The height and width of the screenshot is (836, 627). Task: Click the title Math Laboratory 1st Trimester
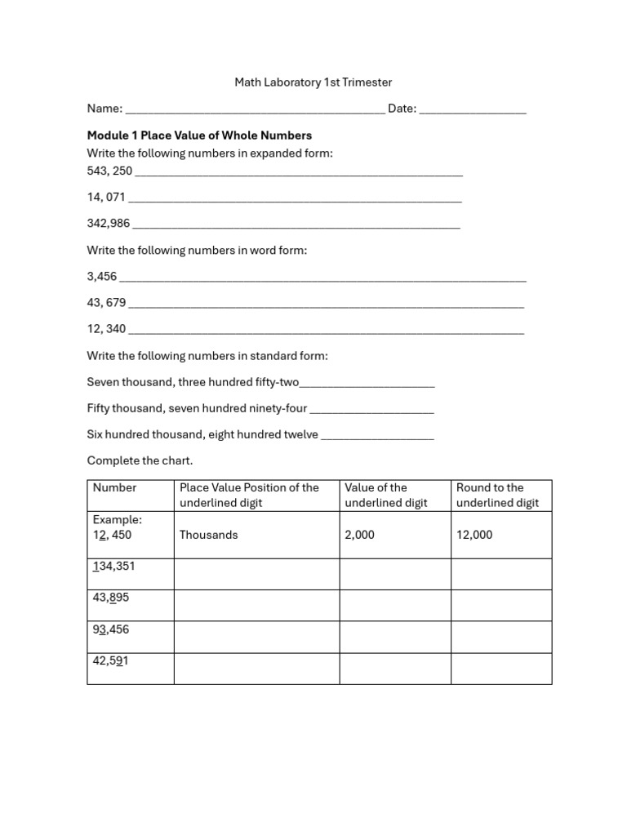[313, 82]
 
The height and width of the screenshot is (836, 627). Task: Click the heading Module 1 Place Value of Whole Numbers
[199, 136]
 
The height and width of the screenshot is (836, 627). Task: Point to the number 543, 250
[109, 171]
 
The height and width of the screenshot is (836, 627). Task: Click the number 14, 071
[106, 197]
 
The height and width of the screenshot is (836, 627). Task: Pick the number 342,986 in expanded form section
[109, 223]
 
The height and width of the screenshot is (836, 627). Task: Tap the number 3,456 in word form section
[102, 277]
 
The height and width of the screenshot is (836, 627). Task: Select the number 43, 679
[106, 303]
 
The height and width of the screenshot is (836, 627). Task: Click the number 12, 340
[106, 329]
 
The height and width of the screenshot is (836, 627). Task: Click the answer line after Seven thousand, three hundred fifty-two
[367, 384]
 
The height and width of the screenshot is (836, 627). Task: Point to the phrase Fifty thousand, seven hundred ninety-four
[197, 409]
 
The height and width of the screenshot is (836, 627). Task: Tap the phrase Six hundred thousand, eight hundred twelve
[202, 435]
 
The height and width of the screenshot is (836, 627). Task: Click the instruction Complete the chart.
[140, 461]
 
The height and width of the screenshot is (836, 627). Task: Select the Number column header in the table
[115, 488]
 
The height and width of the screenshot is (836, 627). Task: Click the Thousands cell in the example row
[209, 535]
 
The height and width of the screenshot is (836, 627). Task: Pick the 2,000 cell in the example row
[360, 535]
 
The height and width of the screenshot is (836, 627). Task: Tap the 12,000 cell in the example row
[474, 535]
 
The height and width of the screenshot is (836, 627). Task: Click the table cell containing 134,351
[130, 574]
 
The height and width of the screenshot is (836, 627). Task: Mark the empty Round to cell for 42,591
[501, 669]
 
